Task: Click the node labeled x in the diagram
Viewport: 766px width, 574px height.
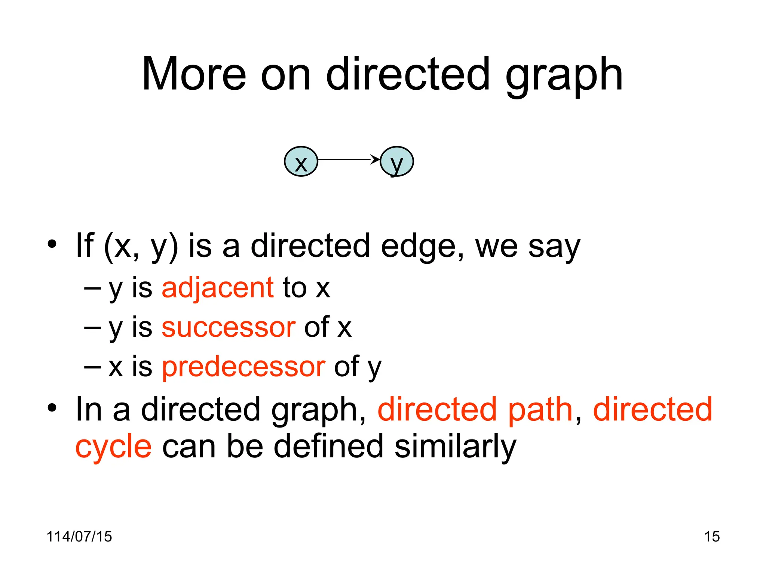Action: [301, 161]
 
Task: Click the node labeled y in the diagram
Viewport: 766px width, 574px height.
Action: [396, 161]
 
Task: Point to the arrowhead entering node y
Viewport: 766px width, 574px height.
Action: [376, 160]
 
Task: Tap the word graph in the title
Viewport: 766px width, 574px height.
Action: [564, 77]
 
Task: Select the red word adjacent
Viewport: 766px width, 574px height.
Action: [218, 288]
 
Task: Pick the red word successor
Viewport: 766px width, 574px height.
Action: [228, 328]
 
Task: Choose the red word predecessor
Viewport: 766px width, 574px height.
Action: [243, 367]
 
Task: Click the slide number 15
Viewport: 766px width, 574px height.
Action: [712, 537]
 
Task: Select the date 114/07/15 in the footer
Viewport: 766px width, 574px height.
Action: [79, 537]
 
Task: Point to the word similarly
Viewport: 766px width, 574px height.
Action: [455, 447]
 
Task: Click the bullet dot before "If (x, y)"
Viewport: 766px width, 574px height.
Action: [52, 245]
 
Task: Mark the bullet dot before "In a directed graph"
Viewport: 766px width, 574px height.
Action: [52, 408]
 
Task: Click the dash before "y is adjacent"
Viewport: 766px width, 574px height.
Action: [92, 288]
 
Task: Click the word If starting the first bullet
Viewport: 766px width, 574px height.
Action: [85, 245]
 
